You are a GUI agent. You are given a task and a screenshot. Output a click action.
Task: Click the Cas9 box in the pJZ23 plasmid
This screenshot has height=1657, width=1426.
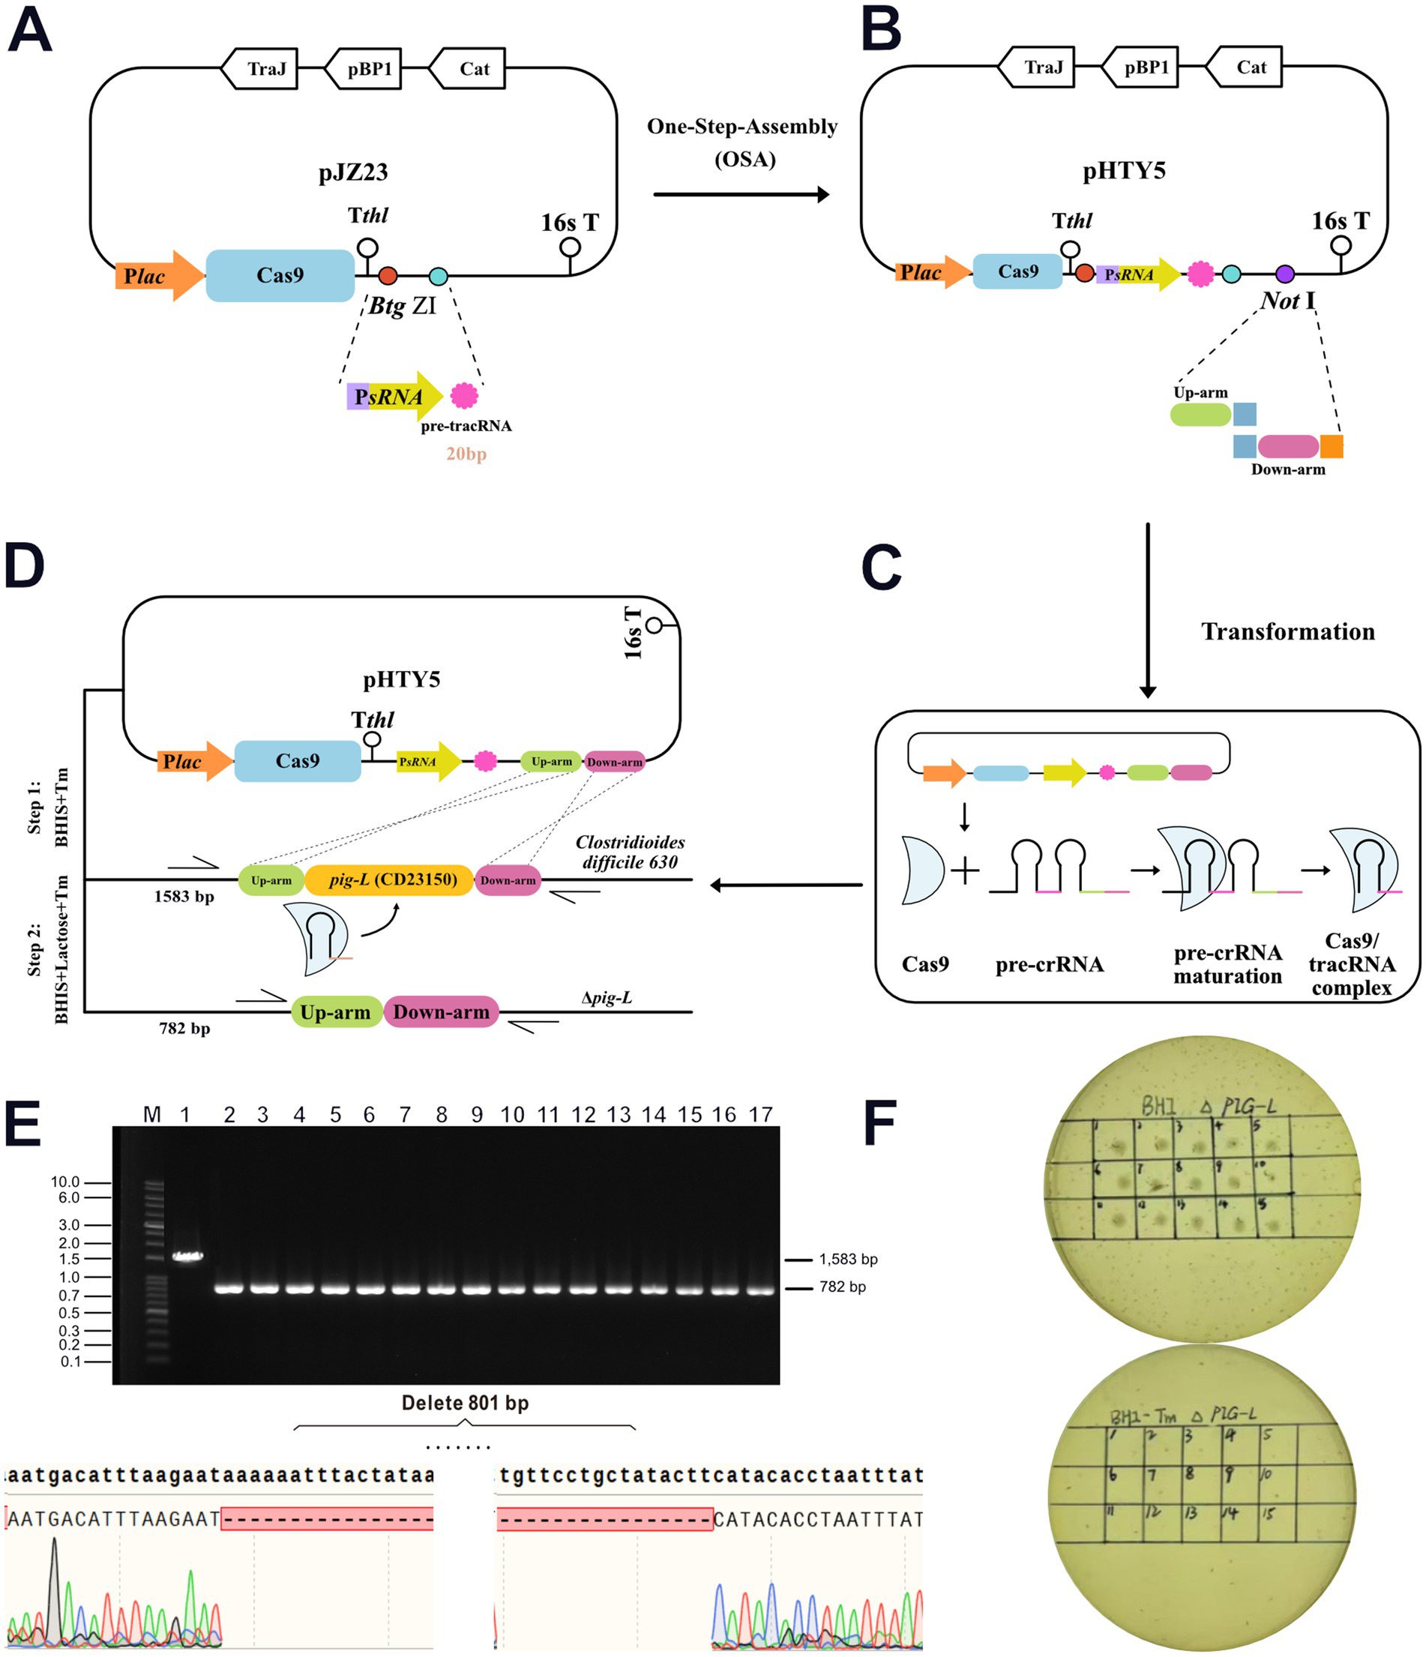(x=279, y=275)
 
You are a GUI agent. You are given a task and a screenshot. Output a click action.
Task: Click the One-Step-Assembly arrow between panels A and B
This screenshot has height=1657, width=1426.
(x=740, y=194)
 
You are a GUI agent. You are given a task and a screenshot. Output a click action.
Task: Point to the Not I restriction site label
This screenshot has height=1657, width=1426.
(x=1287, y=301)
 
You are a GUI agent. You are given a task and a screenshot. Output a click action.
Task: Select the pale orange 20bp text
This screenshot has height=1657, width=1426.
(x=466, y=454)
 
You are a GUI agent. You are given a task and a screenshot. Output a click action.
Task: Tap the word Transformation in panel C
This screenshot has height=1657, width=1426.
(x=1287, y=632)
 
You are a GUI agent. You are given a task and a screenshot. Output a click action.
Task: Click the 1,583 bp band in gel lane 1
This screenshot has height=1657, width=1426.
(x=187, y=1256)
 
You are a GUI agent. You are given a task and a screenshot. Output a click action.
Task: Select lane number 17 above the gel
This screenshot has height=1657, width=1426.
(x=759, y=1115)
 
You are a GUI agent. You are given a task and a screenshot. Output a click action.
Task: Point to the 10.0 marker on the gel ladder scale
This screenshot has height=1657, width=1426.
(x=65, y=1182)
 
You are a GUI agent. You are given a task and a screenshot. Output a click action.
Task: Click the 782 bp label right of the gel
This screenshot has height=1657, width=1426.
(x=841, y=1287)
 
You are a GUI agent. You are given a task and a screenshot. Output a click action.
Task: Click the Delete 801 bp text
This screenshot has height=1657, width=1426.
(x=465, y=1403)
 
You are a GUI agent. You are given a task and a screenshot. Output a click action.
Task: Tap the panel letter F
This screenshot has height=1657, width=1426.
(x=879, y=1123)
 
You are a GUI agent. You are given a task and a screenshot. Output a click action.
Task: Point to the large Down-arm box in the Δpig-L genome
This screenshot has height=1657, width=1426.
(x=441, y=1011)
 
